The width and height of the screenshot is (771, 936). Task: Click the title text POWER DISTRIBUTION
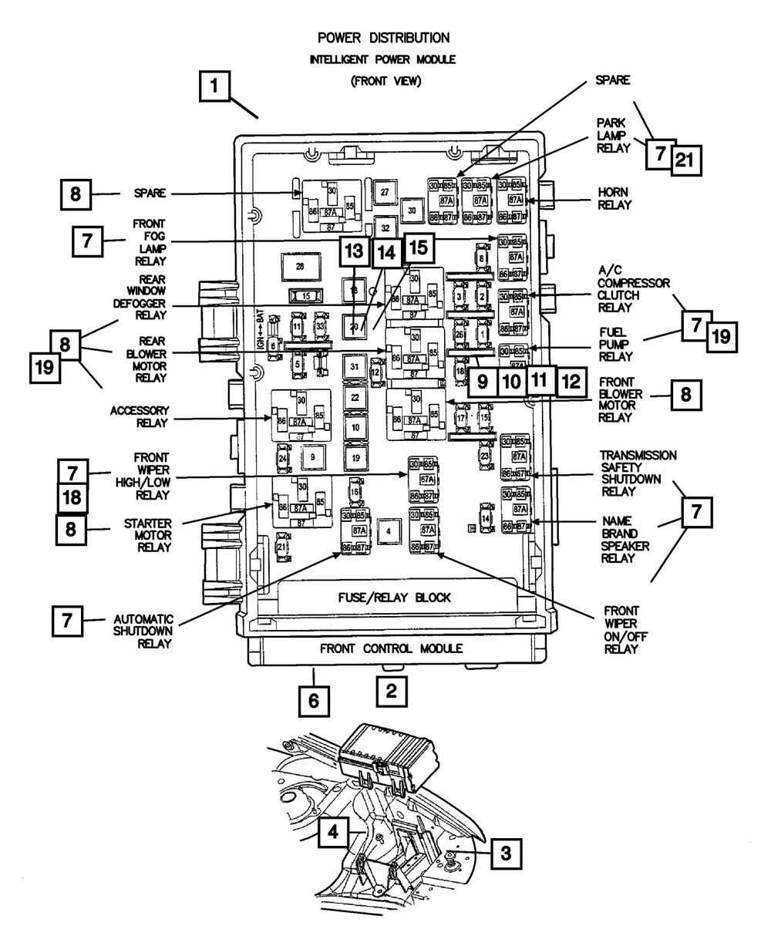coord(383,37)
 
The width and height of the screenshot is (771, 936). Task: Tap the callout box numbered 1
coord(217,87)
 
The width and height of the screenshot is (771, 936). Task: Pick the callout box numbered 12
coord(570,380)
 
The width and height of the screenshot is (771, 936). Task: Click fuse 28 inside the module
coord(300,266)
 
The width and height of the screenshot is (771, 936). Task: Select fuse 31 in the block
coord(354,365)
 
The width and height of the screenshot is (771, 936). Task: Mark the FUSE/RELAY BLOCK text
coord(394,598)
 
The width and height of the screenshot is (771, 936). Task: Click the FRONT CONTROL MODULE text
coord(392,648)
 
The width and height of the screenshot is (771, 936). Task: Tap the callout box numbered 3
coord(505,853)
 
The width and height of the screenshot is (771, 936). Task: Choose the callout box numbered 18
coord(71,497)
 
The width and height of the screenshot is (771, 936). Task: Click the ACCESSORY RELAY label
coord(139,416)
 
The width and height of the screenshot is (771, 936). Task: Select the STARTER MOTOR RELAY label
coord(147,535)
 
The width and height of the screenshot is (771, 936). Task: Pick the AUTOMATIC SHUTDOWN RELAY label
coord(143,631)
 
